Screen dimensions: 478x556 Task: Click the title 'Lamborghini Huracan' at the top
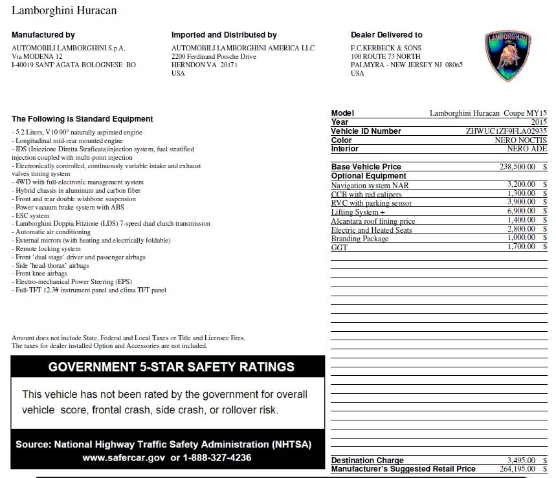point(65,11)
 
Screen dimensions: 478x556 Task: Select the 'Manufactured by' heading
point(43,35)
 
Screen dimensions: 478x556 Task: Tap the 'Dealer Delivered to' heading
point(386,35)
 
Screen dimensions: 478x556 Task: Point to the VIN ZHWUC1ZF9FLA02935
point(506,131)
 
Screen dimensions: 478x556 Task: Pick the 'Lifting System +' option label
point(358,212)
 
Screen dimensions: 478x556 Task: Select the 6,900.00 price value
point(521,212)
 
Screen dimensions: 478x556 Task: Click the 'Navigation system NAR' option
point(370,186)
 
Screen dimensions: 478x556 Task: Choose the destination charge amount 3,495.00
point(521,461)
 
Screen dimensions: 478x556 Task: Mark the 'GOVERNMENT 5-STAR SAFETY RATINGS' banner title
point(172,367)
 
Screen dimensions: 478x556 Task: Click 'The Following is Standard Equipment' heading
point(82,119)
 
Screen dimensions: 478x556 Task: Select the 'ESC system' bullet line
point(32,216)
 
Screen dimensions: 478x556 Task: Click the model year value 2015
point(539,122)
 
